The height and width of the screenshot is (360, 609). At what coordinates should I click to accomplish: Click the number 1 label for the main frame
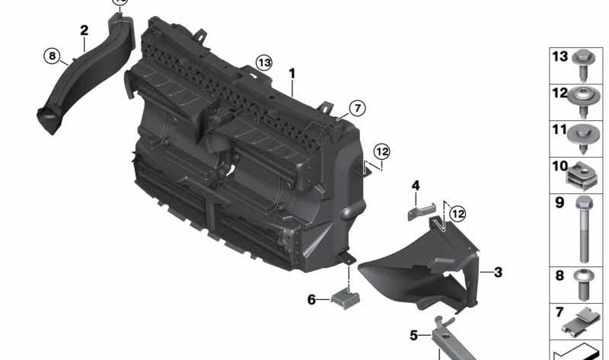(x=291, y=74)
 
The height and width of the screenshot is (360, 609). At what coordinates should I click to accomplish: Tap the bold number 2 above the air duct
(x=84, y=30)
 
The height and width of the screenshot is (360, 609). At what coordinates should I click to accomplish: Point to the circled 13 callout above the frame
(x=263, y=62)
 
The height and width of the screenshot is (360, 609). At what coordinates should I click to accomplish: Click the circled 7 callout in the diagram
(x=357, y=107)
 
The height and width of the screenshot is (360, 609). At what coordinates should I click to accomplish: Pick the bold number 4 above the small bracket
(x=416, y=185)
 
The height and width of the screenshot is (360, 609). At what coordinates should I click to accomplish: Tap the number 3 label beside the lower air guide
(x=498, y=272)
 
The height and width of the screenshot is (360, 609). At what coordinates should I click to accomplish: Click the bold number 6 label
(x=311, y=300)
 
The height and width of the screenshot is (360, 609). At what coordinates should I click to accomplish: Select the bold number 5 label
(x=414, y=334)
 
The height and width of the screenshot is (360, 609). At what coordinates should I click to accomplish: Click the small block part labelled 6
(x=345, y=296)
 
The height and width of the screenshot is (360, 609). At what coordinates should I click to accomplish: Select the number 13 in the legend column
(x=560, y=56)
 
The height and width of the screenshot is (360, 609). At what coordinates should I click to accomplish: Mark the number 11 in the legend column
(x=560, y=130)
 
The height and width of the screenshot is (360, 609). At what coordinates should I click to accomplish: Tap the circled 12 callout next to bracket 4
(x=457, y=215)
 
